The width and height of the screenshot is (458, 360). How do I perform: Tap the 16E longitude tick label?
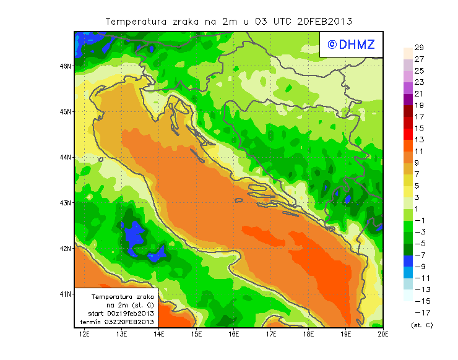[234, 334]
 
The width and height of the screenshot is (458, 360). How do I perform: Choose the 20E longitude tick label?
[383, 334]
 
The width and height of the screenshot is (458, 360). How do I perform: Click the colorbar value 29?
[419, 48]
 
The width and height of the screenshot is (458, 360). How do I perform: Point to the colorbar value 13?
[419, 139]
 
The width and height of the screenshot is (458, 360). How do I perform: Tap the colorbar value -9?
[419, 267]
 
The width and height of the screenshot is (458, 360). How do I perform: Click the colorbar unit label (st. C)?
[421, 325]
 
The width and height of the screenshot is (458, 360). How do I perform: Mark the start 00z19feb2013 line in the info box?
[117, 314]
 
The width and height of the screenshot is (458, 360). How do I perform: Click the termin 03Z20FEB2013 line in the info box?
[117, 322]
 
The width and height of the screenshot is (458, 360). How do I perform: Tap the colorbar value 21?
[419, 93]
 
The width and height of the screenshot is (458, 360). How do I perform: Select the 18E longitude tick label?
[309, 334]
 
